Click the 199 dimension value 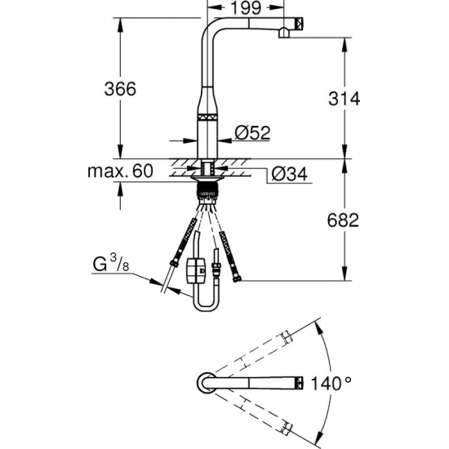(246, 8)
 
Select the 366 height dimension (120, 88)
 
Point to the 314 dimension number (344, 99)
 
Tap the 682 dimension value (343, 220)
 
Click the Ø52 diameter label (252, 132)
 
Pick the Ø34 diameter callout (290, 174)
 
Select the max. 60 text (120, 171)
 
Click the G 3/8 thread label (111, 263)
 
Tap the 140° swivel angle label (331, 383)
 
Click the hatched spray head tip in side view (299, 23)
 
